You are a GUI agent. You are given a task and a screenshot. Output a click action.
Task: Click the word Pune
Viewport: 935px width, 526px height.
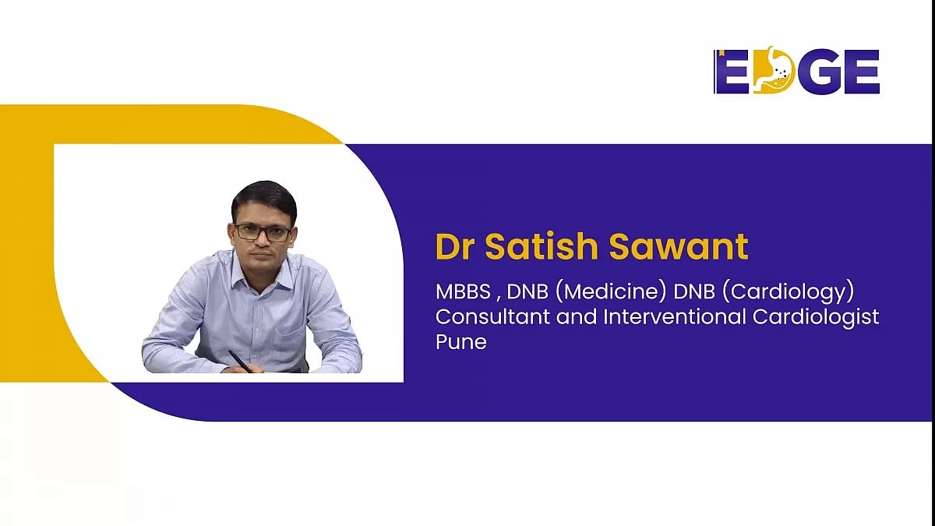[x=460, y=341]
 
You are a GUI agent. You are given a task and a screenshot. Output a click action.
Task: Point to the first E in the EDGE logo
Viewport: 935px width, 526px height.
[x=731, y=72]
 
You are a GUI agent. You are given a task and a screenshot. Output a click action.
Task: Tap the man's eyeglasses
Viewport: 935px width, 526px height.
[x=263, y=232]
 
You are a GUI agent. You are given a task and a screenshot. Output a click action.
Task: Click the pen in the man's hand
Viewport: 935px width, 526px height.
[x=240, y=361]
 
